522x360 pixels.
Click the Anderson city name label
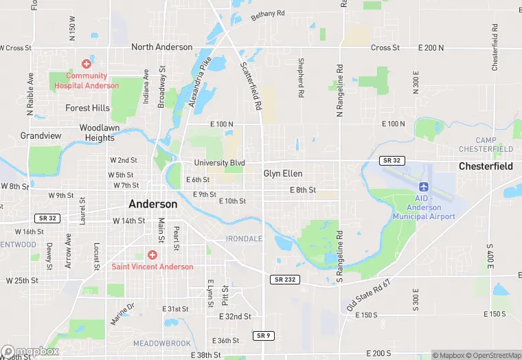click(x=152, y=204)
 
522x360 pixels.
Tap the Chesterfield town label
click(x=486, y=166)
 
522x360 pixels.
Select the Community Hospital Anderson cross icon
click(x=87, y=63)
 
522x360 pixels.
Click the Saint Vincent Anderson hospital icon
click(x=152, y=255)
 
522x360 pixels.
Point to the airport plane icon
click(x=423, y=188)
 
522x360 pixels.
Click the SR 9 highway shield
click(x=262, y=335)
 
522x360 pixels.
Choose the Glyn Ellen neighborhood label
click(x=283, y=174)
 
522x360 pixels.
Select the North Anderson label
click(x=162, y=47)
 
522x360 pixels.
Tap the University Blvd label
click(x=219, y=163)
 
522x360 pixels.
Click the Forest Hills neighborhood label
click(x=87, y=108)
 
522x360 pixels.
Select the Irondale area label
click(x=244, y=238)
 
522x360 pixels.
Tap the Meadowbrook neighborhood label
click(x=161, y=343)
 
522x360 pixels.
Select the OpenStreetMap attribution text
click(x=494, y=355)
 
